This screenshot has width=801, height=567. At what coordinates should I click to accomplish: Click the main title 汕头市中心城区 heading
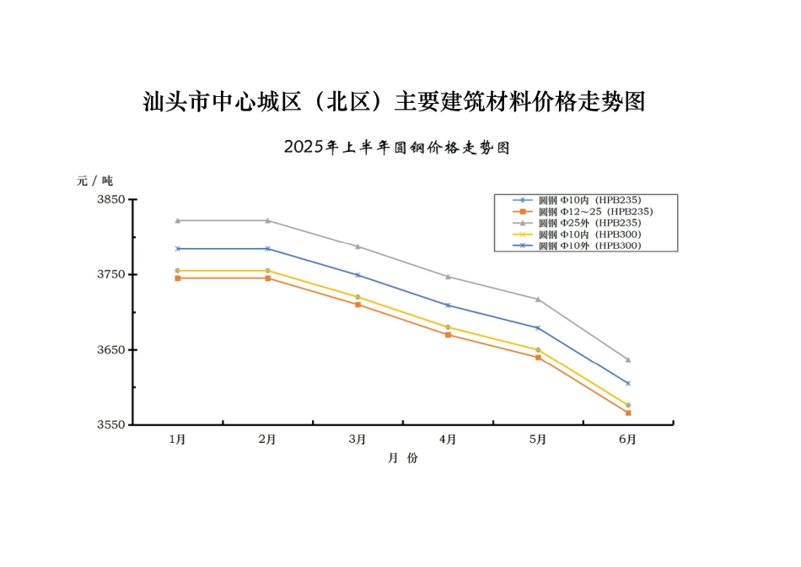[x=394, y=102]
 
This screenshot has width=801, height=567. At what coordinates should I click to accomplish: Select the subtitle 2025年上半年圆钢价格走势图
[x=397, y=147]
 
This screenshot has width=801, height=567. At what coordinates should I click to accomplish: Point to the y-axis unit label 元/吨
[x=94, y=180]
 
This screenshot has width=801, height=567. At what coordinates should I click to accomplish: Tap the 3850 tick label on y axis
[x=110, y=199]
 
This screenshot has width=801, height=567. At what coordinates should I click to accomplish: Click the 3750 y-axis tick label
[x=110, y=274]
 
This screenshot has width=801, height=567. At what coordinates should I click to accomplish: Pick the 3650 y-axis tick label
[x=110, y=349]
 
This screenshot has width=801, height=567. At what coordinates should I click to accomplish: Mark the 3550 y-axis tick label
[x=110, y=424]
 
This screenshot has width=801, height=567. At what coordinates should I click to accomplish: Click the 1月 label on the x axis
[x=177, y=440]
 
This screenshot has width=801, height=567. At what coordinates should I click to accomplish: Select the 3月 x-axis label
[x=357, y=440]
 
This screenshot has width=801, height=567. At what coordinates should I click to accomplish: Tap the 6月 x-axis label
[x=627, y=440]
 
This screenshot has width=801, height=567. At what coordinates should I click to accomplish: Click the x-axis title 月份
[x=402, y=458]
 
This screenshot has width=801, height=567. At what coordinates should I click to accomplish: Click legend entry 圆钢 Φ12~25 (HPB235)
[x=595, y=211]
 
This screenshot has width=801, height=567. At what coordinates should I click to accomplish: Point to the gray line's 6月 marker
[x=628, y=359]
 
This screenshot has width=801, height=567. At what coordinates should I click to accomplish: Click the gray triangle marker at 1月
[x=177, y=220]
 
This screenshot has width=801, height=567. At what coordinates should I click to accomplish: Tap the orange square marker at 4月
[x=448, y=335]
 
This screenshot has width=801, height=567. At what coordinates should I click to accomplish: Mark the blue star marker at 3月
[x=357, y=275]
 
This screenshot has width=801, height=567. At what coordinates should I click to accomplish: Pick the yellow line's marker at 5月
[x=538, y=349]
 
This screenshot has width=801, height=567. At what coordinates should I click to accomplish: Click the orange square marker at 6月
[x=628, y=413]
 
